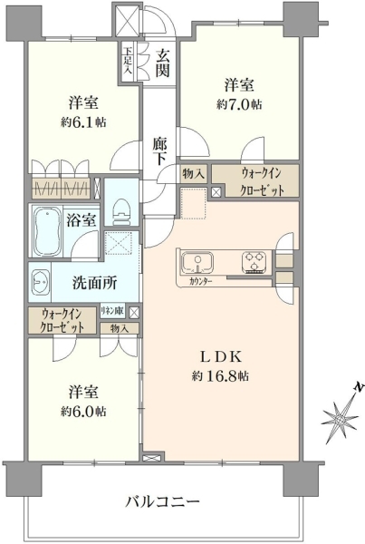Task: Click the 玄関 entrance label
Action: coord(162,63)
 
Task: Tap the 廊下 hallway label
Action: coord(159,151)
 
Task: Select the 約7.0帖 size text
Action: coord(239,104)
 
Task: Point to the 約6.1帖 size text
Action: coord(83,122)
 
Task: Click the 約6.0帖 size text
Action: coord(83,412)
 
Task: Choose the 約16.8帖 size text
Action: coord(220,375)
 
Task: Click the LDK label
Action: coord(220,356)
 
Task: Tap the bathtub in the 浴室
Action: coord(47,230)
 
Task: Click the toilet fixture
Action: coord(120,211)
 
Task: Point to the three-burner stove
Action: coord(255,262)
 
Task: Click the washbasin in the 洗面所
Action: coord(40,282)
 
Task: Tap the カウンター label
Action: coord(201,281)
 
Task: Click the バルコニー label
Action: coord(162,501)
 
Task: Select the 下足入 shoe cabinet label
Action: coord(127,62)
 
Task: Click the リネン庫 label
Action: coord(112,312)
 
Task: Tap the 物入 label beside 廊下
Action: coord(194,173)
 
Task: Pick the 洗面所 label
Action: coord(94,283)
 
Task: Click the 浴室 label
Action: coord(81,220)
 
